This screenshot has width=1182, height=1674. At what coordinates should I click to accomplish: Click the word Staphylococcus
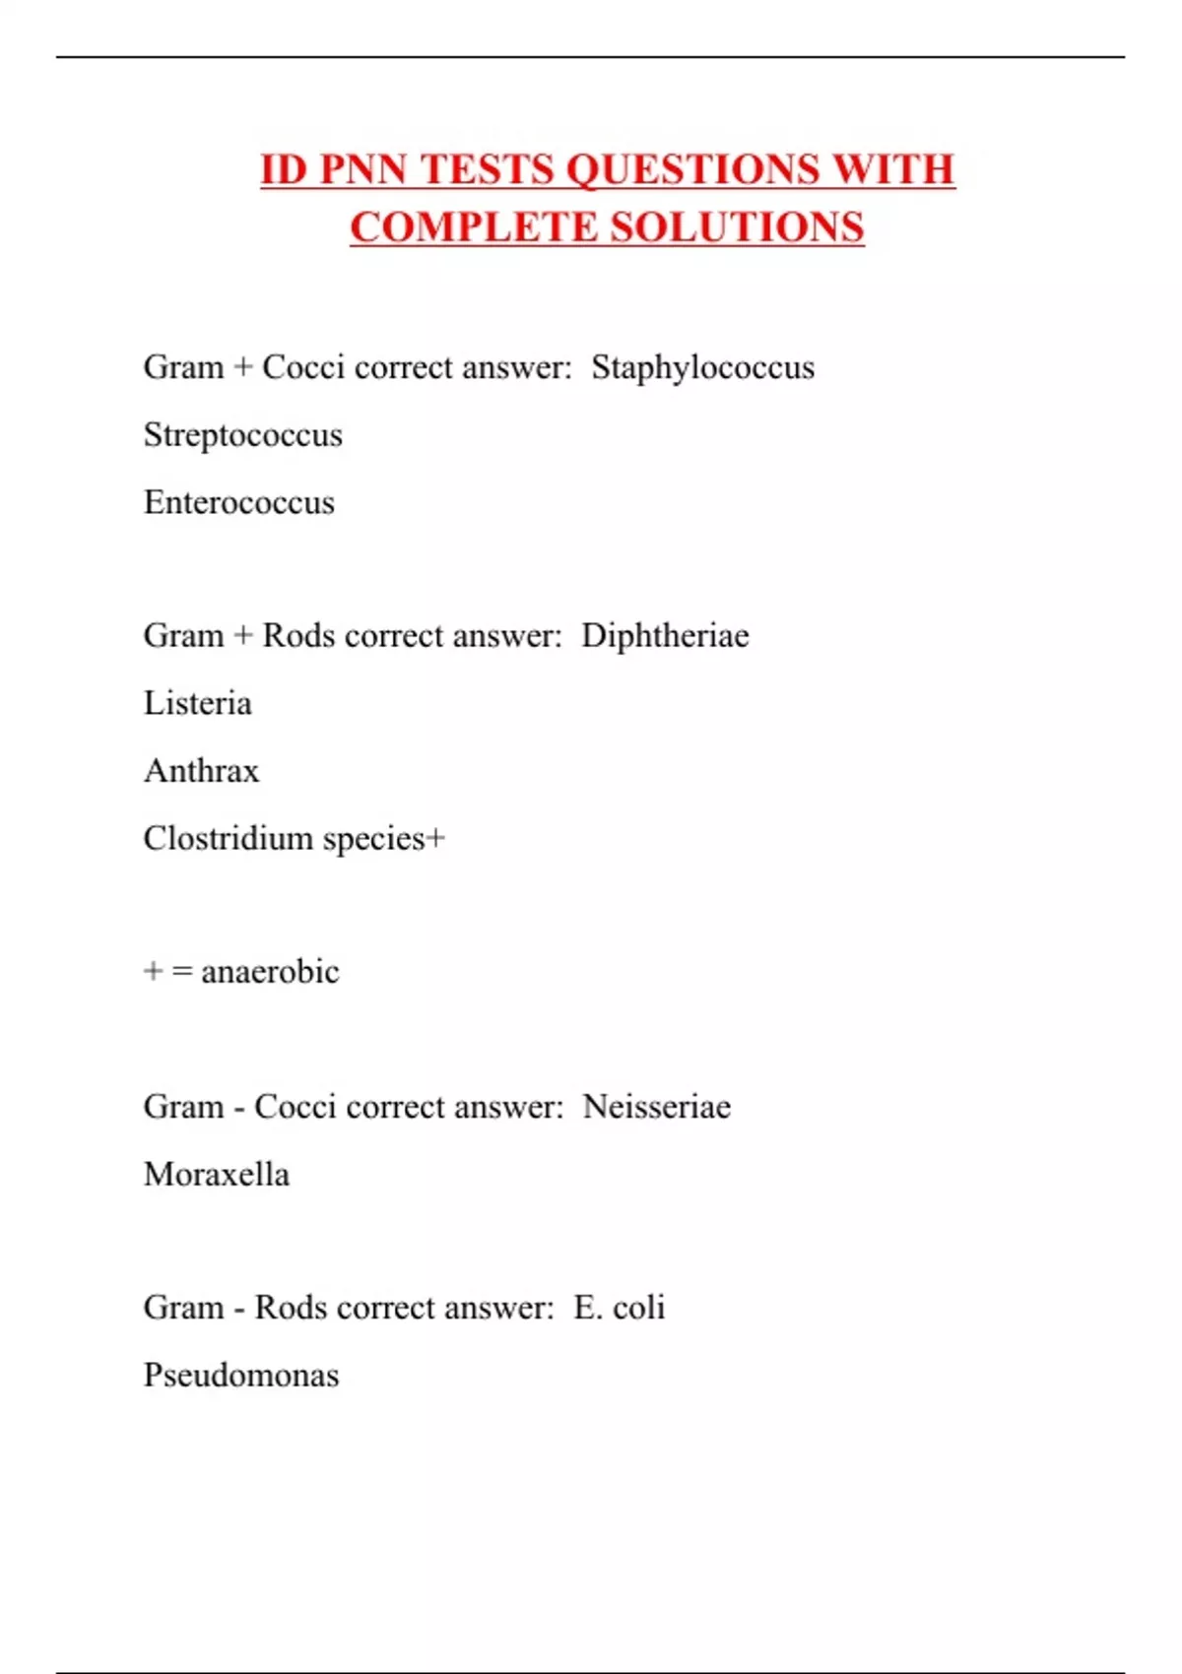pos(702,367)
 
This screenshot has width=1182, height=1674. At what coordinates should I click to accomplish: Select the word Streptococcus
pos(242,435)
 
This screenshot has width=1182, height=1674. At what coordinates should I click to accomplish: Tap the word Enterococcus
pos(238,502)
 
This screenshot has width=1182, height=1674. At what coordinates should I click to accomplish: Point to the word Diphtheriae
pos(665,635)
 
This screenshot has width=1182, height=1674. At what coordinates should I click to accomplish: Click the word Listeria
pos(197,703)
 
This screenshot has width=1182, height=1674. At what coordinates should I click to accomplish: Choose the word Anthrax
pos(201,770)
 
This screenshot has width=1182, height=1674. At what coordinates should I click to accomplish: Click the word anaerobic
pos(270,972)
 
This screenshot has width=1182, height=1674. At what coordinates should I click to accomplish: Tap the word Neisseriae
pos(656,1107)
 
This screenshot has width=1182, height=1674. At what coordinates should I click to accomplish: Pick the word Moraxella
pos(216,1174)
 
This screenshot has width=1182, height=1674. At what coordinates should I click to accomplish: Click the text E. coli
pos(619,1308)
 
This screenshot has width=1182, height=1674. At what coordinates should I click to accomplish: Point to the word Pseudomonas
pos(240,1375)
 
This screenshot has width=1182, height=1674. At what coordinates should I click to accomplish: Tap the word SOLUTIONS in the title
pos(737,227)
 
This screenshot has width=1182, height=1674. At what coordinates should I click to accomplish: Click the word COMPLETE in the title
pos(474,227)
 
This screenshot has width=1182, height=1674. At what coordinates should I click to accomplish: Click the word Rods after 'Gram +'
pos(298,635)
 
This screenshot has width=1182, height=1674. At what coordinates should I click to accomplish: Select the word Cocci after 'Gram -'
pos(295,1107)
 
